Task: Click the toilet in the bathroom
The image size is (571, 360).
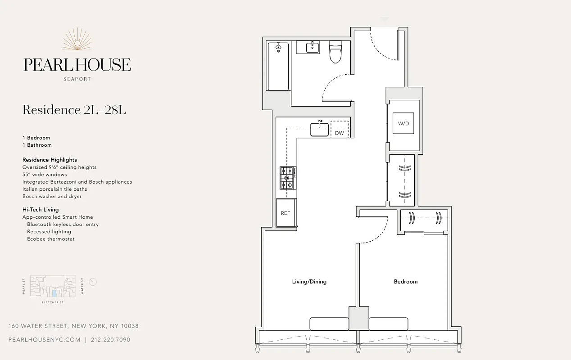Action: tap(335, 53)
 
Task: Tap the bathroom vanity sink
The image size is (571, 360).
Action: tap(308, 47)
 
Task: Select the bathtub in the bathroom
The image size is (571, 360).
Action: tap(278, 66)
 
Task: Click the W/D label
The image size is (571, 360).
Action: tap(403, 123)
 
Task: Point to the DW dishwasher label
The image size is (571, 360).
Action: tap(339, 133)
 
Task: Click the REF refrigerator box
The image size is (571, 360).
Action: tap(285, 213)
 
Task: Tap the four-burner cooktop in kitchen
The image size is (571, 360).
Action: tap(288, 178)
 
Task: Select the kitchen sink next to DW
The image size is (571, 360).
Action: tap(319, 130)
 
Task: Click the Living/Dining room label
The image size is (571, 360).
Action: tap(309, 282)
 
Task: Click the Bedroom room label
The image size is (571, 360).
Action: tap(405, 282)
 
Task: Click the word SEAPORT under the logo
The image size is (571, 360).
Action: tap(77, 79)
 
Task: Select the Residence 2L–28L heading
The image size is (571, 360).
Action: tap(74, 110)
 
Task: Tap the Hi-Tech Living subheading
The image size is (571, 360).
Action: tap(41, 210)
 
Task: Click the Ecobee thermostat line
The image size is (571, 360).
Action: tap(50, 239)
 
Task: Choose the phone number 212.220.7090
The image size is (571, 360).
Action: tap(110, 340)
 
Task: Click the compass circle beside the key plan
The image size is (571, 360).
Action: tap(93, 282)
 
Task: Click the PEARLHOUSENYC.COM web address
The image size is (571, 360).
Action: tap(45, 340)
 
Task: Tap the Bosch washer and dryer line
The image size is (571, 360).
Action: tap(52, 197)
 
